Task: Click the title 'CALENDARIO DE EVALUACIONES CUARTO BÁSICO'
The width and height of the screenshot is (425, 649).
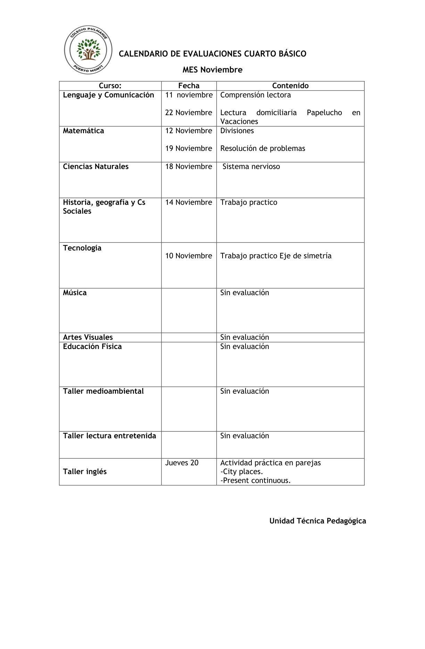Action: tap(212, 54)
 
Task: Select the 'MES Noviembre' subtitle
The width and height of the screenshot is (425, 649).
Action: tap(212, 70)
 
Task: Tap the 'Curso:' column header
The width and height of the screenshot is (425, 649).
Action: tap(110, 86)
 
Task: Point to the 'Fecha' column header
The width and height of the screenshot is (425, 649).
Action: tap(189, 86)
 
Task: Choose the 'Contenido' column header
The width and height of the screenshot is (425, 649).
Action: tap(290, 86)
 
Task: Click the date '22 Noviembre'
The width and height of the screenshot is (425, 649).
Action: tap(189, 113)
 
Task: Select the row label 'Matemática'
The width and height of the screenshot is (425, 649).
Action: tap(83, 131)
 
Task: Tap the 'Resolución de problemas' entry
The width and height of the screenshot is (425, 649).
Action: tap(262, 148)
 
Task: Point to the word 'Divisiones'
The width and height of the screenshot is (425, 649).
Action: tap(237, 131)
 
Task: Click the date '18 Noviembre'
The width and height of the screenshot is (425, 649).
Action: tap(189, 166)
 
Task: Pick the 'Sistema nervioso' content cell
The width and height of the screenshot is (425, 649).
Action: tap(251, 166)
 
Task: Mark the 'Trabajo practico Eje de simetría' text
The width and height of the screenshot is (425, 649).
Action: tap(276, 256)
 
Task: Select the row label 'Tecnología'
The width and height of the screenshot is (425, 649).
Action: tap(82, 248)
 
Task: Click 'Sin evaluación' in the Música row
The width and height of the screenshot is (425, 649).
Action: tap(244, 293)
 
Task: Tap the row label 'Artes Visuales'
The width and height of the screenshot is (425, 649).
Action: tap(88, 337)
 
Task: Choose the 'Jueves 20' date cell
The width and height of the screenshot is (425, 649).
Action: tap(182, 463)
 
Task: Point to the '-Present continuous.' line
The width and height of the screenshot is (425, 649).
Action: tap(255, 480)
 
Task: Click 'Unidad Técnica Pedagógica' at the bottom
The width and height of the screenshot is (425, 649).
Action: tap(317, 521)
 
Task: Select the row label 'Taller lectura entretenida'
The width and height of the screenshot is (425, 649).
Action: tap(109, 436)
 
